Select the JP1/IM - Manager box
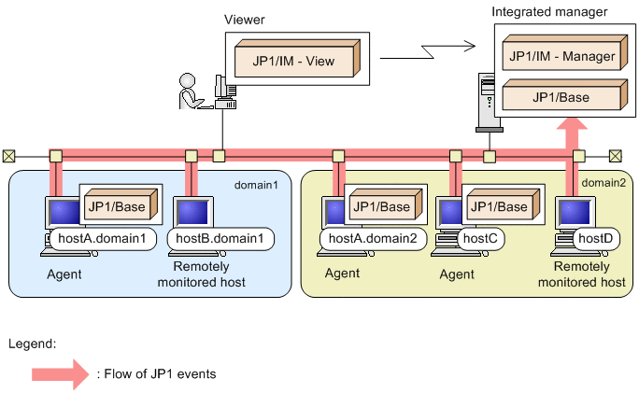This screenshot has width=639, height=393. [x=561, y=57]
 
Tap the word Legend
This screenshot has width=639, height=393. [x=32, y=343]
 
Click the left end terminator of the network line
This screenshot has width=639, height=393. [x=8, y=156]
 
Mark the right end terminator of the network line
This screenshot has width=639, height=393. [x=615, y=156]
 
